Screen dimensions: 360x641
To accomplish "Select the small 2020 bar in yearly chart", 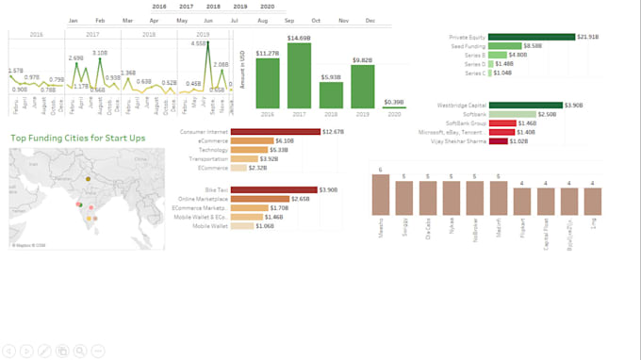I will pyautogui.click(x=393, y=106).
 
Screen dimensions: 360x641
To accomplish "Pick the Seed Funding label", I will pyautogui.click(x=468, y=46).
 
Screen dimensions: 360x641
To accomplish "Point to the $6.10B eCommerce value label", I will pyautogui.click(x=283, y=141).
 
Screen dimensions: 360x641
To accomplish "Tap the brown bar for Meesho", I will pyautogui.click(x=380, y=198).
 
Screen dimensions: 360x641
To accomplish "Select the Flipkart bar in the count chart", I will pyautogui.click(x=521, y=201).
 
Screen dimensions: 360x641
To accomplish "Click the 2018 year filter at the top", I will pyautogui.click(x=213, y=6).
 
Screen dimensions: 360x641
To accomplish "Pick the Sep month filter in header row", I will pyautogui.click(x=288, y=20).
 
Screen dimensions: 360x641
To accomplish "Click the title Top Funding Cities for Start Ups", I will pyautogui.click(x=78, y=138).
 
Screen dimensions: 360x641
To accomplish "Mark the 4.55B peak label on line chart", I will pyautogui.click(x=199, y=43).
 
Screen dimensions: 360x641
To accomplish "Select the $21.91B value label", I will pyautogui.click(x=587, y=37).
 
